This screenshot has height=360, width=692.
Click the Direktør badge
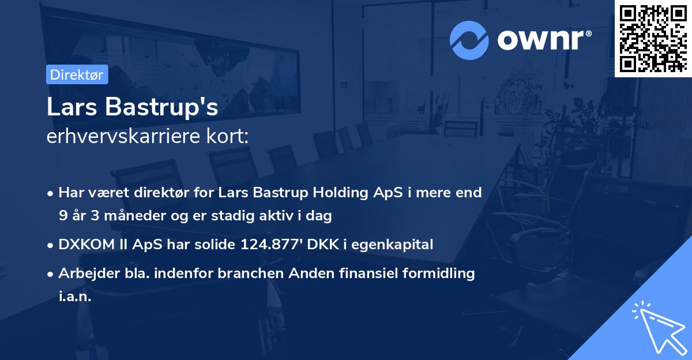[x=77, y=74]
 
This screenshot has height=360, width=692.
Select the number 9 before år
[x=63, y=216]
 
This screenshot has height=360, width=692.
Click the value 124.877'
[x=276, y=245]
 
